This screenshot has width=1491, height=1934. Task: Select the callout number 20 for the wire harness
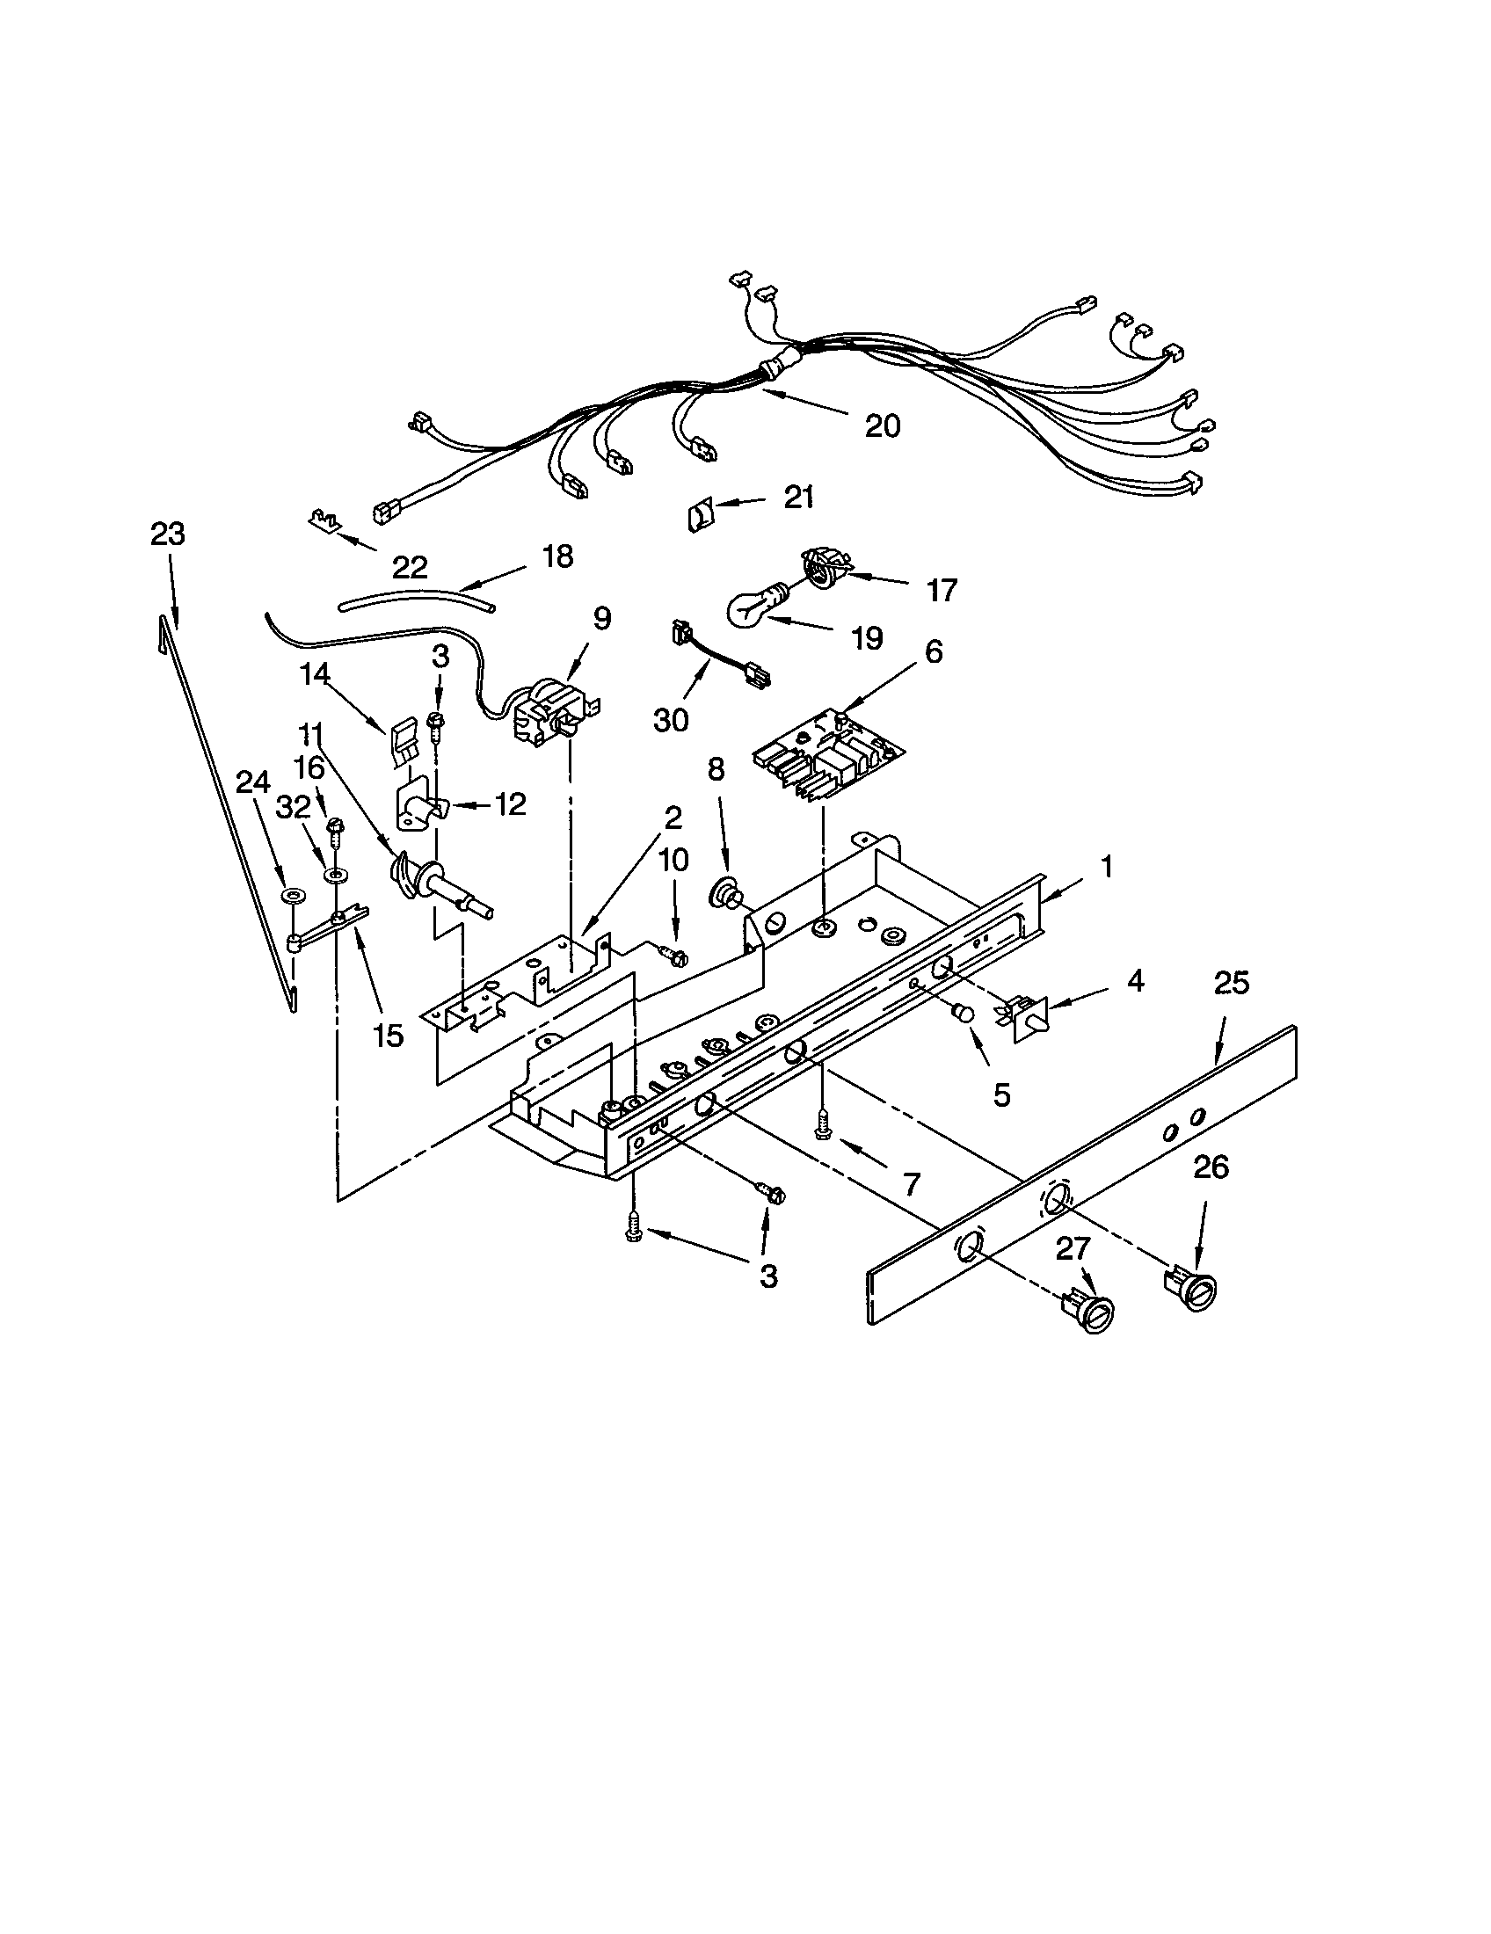click(882, 426)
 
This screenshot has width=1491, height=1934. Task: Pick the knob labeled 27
click(1091, 1312)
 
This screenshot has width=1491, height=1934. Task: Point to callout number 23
click(166, 534)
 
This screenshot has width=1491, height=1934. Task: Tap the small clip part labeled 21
click(700, 513)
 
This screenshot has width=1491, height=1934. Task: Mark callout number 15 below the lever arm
click(388, 1034)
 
